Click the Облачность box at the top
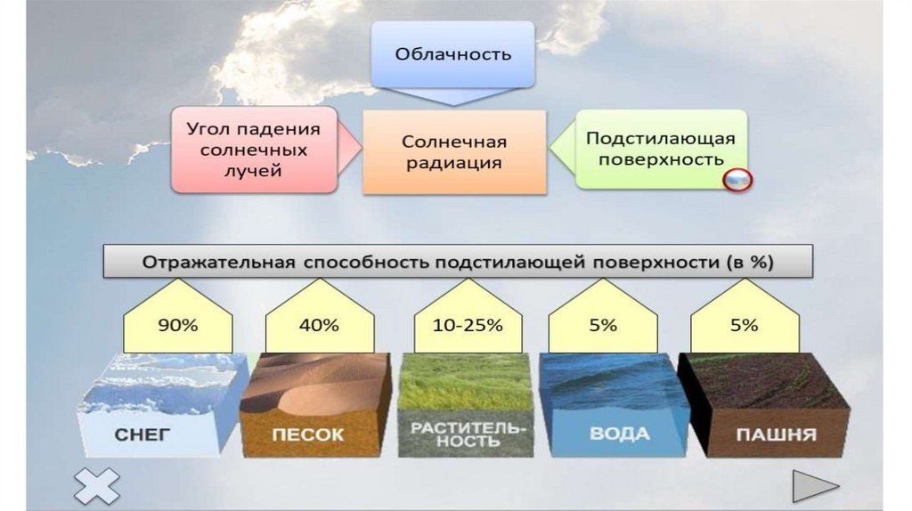pyautogui.click(x=453, y=53)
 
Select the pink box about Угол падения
pyautogui.click(x=254, y=150)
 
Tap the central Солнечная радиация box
pyautogui.click(x=453, y=152)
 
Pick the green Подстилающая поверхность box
pyautogui.click(x=659, y=149)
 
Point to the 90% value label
pyautogui.click(x=178, y=326)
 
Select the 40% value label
pyautogui.click(x=319, y=326)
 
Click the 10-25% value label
pyautogui.click(x=468, y=326)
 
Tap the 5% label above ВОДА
pyautogui.click(x=602, y=326)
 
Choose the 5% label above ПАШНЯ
pyautogui.click(x=744, y=326)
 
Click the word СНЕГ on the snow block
pyautogui.click(x=142, y=436)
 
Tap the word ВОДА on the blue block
pyautogui.click(x=618, y=435)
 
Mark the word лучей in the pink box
pyautogui.click(x=253, y=171)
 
